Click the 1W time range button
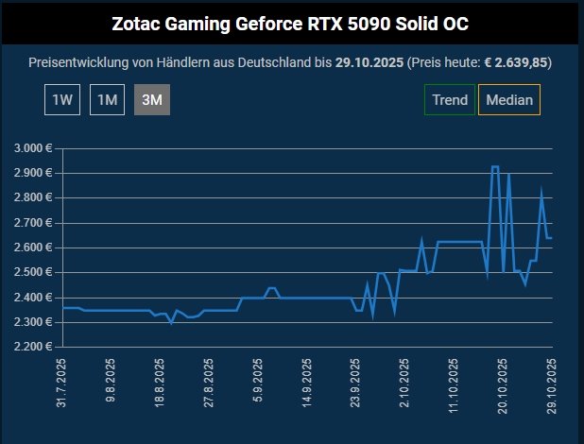(61, 99)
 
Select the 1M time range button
(107, 99)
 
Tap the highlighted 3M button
(152, 99)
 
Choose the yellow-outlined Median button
(509, 99)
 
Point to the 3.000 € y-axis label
(34, 149)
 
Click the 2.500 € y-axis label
(34, 272)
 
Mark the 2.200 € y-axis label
(34, 347)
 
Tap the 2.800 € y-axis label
(34, 198)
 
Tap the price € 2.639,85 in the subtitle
(517, 62)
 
